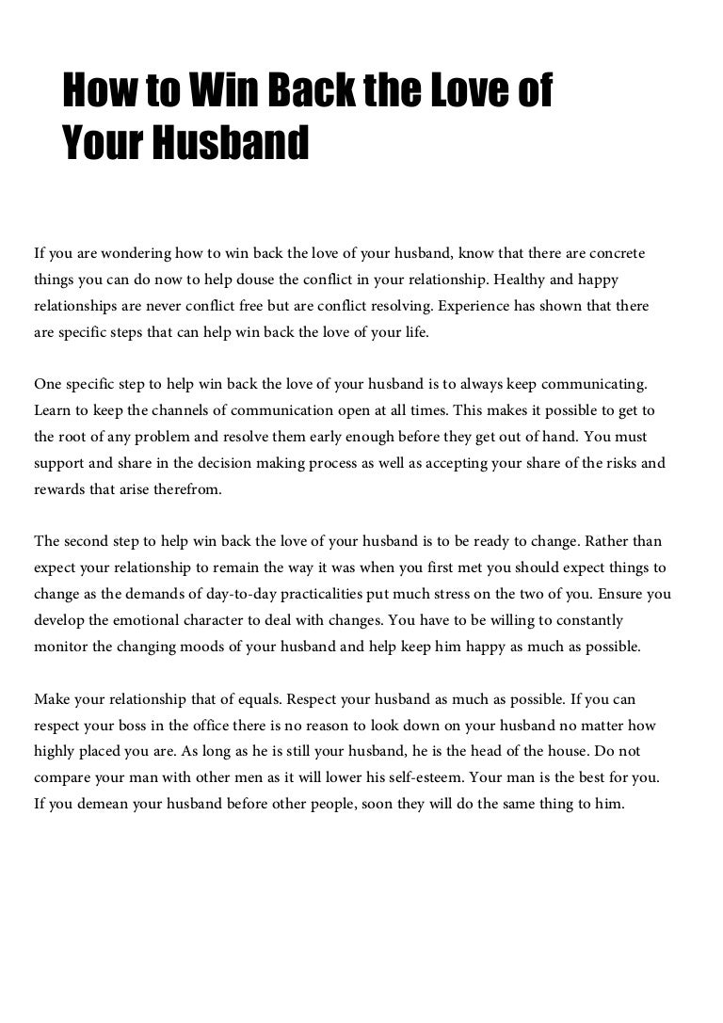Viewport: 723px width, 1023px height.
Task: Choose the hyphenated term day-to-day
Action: click(x=233, y=594)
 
